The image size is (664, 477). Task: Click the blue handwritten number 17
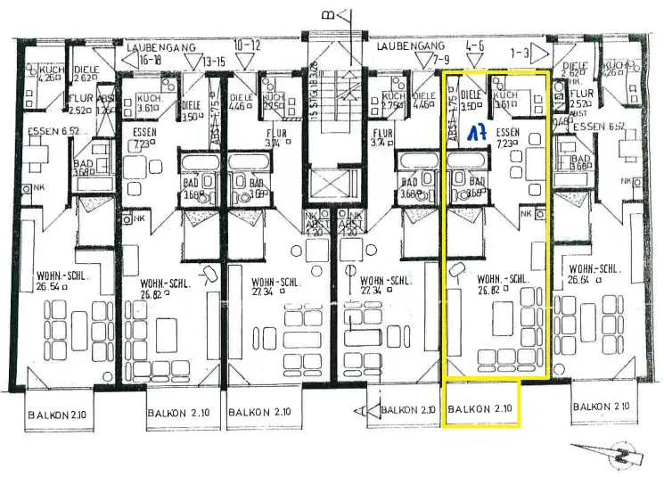(x=477, y=132)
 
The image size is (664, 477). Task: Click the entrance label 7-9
(x=417, y=59)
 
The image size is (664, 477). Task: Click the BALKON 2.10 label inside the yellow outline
(x=482, y=409)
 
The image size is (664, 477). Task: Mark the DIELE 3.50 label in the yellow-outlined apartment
(x=470, y=98)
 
